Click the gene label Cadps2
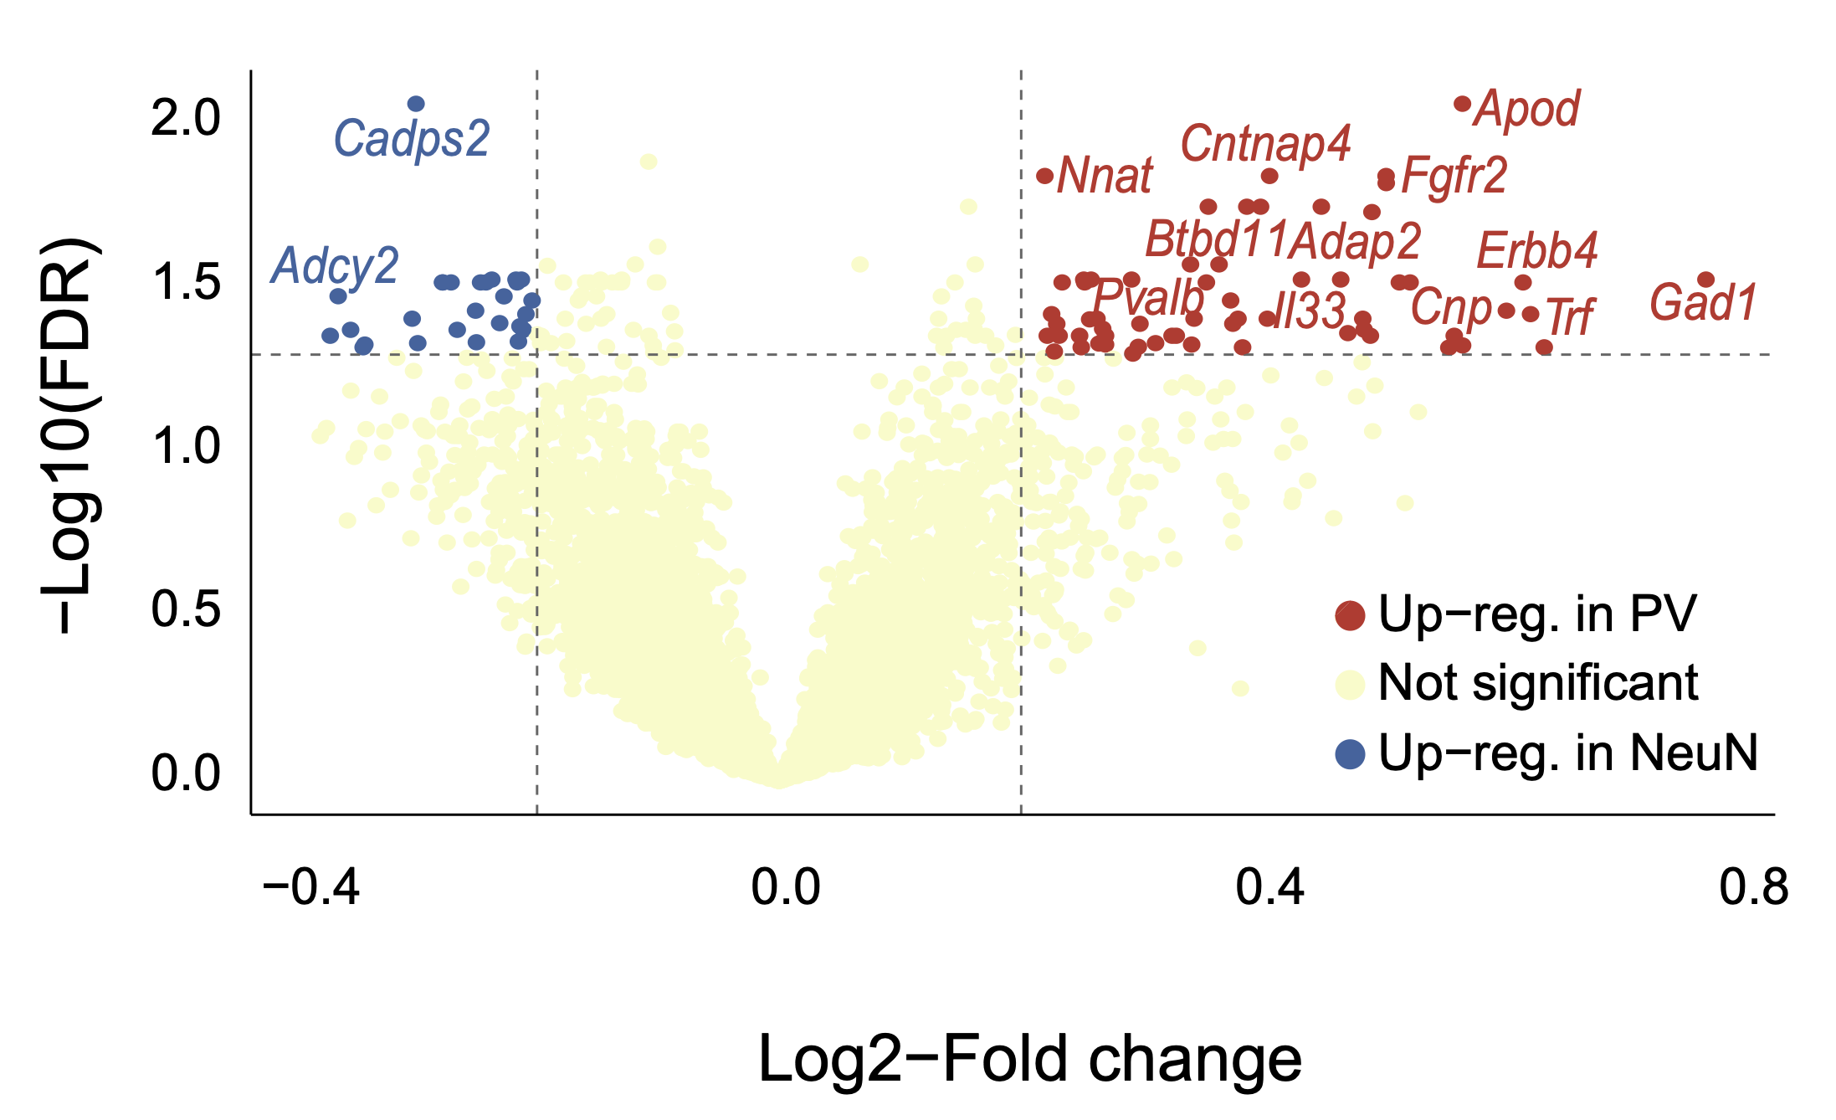coord(411,139)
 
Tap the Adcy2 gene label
coord(334,266)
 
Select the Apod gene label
coord(1527,110)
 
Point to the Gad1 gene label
coord(1702,302)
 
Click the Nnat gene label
coord(1105,176)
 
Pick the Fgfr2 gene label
coord(1454,176)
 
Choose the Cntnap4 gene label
coord(1265,144)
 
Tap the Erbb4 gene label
coord(1537,250)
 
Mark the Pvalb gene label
coord(1148,296)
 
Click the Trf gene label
coord(1569,316)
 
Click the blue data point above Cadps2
coord(416,104)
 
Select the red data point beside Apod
coord(1462,104)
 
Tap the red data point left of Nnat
coord(1044,176)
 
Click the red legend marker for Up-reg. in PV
coord(1350,615)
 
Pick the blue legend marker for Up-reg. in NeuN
coord(1350,753)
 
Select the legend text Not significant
coord(1537,683)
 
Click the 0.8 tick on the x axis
coord(1753,887)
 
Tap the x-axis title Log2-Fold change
coord(1029,1060)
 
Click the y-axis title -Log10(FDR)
coord(71,435)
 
